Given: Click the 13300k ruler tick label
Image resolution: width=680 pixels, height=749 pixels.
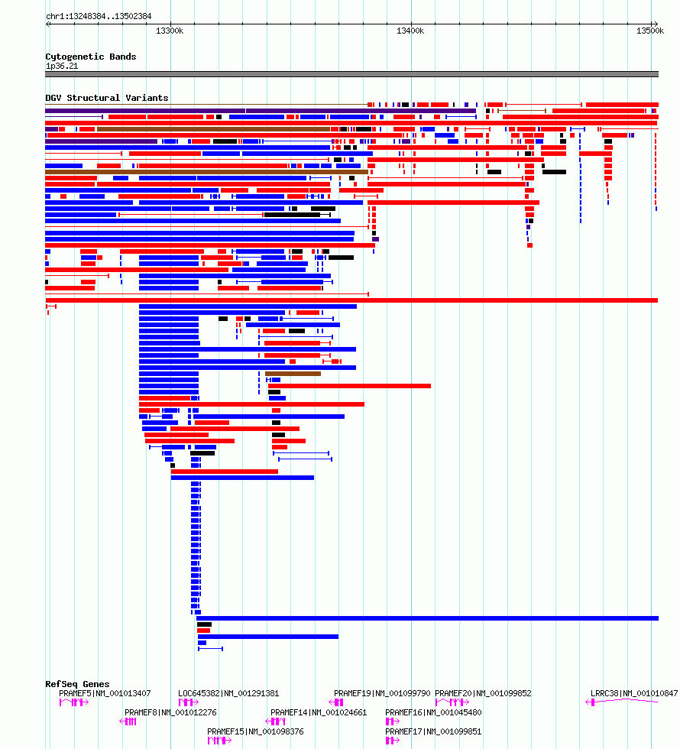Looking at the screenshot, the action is [x=170, y=31].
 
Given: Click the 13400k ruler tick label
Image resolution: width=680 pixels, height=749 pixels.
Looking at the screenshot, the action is [x=410, y=31].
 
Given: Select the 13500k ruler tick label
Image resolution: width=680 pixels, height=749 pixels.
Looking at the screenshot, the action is [x=650, y=31].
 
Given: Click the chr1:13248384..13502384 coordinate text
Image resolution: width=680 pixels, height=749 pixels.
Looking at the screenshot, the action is [x=99, y=16].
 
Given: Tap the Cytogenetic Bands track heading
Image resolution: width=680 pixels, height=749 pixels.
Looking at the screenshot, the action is [x=91, y=57].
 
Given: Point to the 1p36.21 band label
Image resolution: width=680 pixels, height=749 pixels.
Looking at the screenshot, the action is [x=62, y=66].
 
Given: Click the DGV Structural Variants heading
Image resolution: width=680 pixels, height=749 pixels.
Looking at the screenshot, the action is [x=107, y=98].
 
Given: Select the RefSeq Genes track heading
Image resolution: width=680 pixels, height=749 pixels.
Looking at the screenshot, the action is [x=77, y=684].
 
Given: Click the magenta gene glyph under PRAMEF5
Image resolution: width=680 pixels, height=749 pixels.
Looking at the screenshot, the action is [x=74, y=702].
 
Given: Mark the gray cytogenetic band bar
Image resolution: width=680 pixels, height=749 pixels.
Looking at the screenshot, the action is [x=352, y=74].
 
